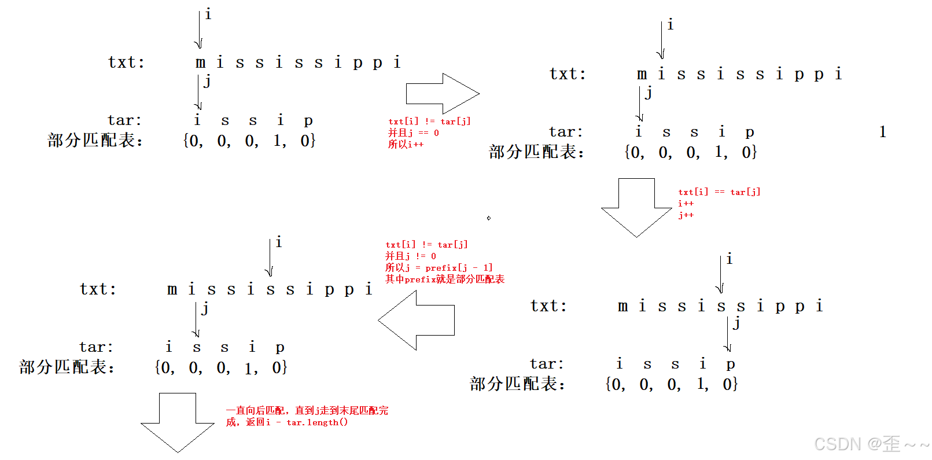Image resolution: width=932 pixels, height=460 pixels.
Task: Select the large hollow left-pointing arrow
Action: point(417,320)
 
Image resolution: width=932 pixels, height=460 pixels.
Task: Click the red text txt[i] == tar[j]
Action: point(719,192)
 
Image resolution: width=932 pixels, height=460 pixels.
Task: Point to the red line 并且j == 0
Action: point(413,133)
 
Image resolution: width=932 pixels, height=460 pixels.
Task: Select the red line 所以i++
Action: point(406,145)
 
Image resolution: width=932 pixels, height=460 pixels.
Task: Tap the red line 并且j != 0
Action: point(411,256)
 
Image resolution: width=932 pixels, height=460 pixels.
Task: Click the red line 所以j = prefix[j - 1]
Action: point(439,267)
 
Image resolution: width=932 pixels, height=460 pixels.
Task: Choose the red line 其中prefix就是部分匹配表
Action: point(445,279)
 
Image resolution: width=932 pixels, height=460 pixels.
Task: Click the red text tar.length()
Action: point(317,422)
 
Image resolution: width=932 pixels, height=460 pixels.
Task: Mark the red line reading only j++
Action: point(686,215)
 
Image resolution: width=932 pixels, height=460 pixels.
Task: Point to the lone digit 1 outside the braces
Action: point(882,132)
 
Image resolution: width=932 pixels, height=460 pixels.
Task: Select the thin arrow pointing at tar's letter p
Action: point(728,334)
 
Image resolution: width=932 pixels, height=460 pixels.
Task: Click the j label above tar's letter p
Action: point(736,323)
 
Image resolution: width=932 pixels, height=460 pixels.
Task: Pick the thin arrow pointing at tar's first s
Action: point(196,319)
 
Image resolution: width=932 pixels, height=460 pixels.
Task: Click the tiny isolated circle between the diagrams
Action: point(489,218)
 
